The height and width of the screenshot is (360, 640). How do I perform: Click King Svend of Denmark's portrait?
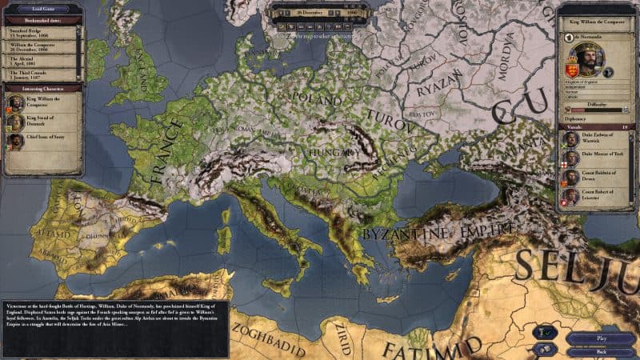[14, 122]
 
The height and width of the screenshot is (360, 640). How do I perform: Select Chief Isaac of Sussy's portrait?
[14, 142]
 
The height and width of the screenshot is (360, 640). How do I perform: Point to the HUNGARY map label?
[328, 151]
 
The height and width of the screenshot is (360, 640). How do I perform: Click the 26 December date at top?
[308, 13]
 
